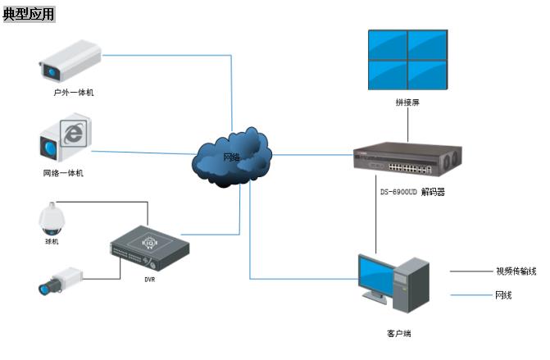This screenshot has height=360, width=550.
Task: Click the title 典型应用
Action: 29,14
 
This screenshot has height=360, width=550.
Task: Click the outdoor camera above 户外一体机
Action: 70,61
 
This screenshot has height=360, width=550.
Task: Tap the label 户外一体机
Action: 74,93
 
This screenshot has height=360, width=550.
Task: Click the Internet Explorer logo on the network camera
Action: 73,134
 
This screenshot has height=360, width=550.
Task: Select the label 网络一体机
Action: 63,173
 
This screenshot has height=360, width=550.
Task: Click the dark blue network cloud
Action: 232,157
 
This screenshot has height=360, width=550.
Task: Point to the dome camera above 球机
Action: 52,218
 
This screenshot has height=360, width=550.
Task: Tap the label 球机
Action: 52,241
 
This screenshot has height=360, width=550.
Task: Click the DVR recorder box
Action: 150,248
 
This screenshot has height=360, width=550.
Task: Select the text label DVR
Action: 150,280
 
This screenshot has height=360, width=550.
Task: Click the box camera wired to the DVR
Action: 61,280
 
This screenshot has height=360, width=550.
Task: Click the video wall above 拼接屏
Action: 408,60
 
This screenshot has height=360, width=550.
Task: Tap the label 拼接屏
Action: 407,103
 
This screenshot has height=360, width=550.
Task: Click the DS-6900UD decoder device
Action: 407,159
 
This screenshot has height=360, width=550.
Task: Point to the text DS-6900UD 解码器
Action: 413,192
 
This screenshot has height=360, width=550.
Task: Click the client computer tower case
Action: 411,285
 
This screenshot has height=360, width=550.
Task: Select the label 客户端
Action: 399,333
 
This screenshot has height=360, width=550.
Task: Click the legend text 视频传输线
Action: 516,271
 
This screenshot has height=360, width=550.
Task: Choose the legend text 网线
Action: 503,295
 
